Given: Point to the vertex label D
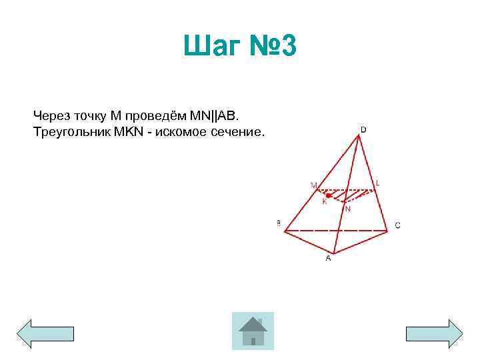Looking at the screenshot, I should [x=363, y=129].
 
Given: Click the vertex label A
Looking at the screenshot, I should [x=328, y=259].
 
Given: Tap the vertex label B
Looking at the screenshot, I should [x=279, y=224].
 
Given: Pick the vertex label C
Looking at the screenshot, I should [x=397, y=226].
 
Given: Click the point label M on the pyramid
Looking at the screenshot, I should [x=313, y=184].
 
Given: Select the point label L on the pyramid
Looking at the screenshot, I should [x=378, y=182].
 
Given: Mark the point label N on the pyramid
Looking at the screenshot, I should [x=348, y=209].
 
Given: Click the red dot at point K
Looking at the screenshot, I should [x=329, y=195].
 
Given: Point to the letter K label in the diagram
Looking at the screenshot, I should [x=325, y=202].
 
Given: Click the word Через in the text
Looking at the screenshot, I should [x=51, y=116].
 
